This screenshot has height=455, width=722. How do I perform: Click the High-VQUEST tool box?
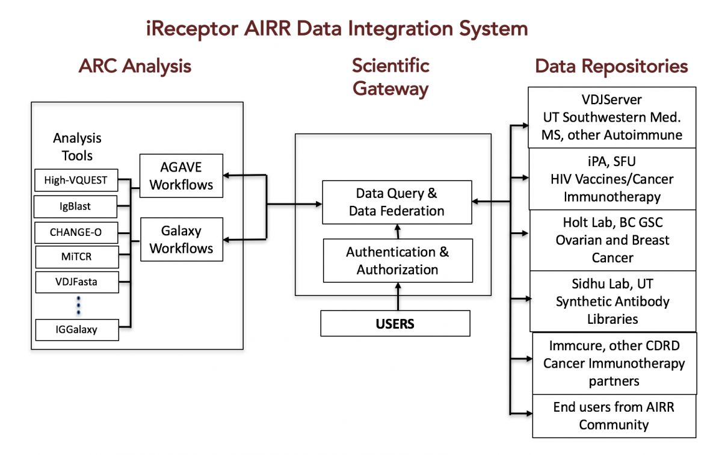[x=76, y=180]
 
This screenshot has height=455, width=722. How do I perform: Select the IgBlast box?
[x=75, y=206]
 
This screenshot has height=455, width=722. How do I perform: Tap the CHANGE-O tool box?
[x=76, y=232]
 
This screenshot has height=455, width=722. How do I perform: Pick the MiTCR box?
[x=77, y=257]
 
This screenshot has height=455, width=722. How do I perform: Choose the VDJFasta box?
[x=77, y=282]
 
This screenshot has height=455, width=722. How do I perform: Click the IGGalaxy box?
[x=77, y=330]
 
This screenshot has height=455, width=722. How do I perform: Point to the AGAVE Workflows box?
[x=181, y=176]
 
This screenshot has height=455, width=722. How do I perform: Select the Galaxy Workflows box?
[x=182, y=240]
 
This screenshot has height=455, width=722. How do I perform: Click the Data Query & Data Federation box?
[x=397, y=202]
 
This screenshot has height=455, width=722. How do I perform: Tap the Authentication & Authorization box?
[x=398, y=261]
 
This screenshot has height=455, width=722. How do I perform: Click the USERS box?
[x=395, y=323]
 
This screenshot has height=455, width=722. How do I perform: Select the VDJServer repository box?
[x=612, y=117]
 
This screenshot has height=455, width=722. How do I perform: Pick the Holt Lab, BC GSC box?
[x=612, y=240]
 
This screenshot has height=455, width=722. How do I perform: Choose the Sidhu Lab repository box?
[x=612, y=301]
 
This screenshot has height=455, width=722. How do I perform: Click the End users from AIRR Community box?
[x=614, y=416]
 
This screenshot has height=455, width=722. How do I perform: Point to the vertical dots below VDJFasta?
[x=78, y=305]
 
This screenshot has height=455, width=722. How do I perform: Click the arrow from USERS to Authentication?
[x=398, y=297]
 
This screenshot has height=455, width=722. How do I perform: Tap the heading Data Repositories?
[x=611, y=66]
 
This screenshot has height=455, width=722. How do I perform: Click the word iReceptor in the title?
[x=192, y=29]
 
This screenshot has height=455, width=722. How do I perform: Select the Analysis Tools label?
[x=78, y=147]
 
